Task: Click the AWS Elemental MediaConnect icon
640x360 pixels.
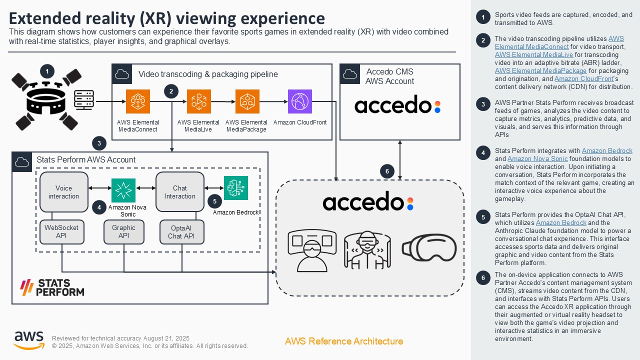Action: point(138,101)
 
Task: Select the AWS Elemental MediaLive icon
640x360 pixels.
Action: point(199,101)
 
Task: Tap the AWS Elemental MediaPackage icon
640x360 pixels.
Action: point(247,101)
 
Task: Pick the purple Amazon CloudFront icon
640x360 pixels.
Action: point(300,101)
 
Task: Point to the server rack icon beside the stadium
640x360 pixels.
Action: point(84,100)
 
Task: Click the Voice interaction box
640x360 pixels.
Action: point(63,192)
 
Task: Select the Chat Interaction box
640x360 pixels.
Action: point(180,192)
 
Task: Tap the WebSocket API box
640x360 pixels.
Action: point(61,231)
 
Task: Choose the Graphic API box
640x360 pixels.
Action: point(123,231)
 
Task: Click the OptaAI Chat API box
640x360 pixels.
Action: point(181,232)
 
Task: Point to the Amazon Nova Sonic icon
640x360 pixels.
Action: point(123,190)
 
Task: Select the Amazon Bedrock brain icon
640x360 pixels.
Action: point(235,188)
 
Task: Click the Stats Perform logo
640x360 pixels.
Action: point(51,287)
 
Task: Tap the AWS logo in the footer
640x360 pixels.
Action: point(29,340)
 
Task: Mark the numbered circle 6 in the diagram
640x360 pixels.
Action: point(387,171)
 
